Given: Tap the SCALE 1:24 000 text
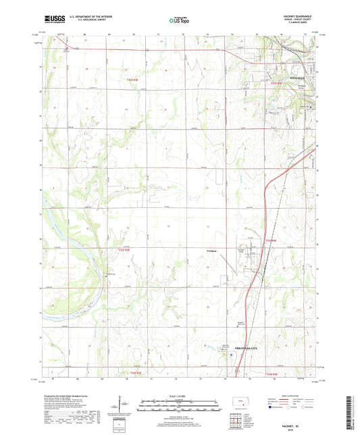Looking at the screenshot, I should tap(180, 396).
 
